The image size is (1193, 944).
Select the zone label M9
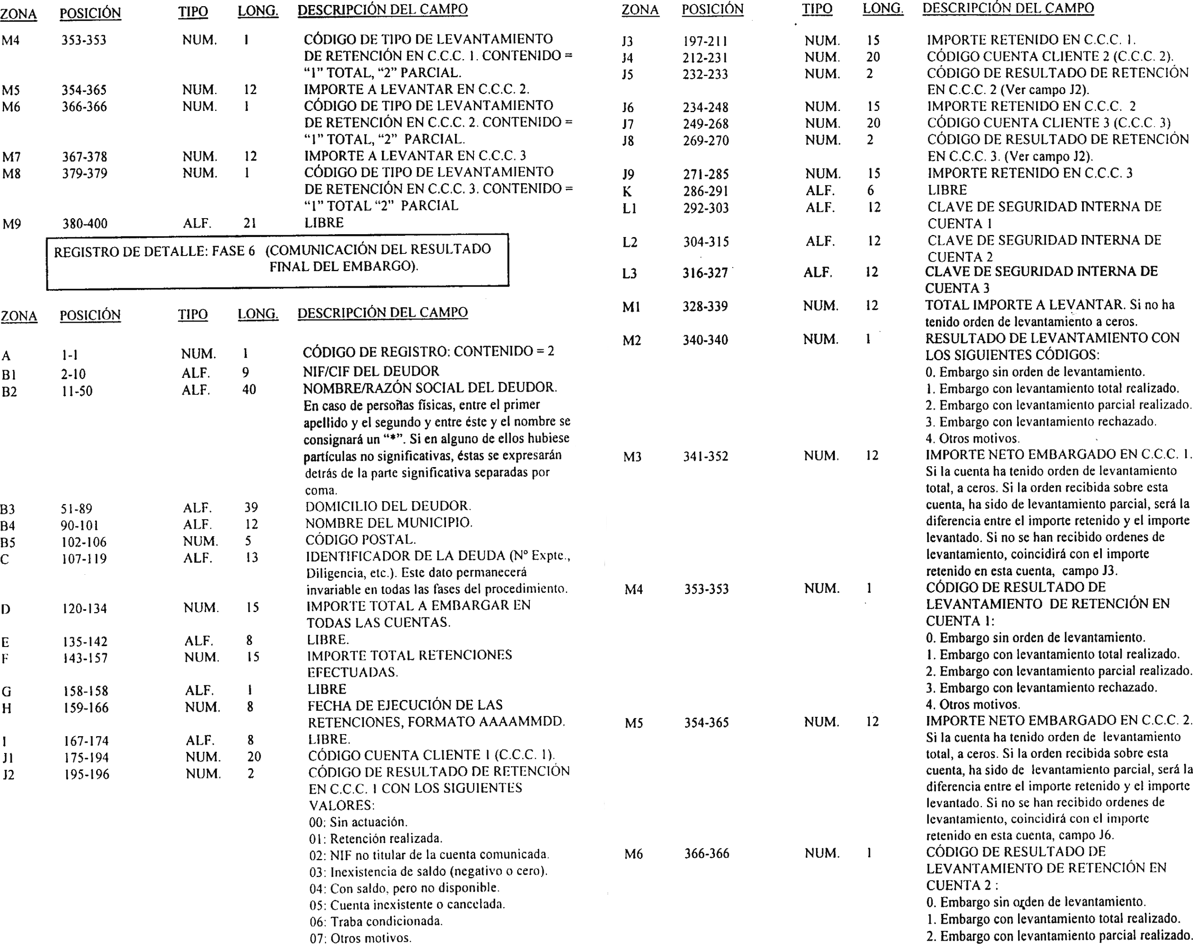(11, 224)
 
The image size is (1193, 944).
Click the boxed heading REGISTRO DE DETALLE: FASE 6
(272, 258)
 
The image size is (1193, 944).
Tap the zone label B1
(9, 375)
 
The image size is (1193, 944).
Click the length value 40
(249, 390)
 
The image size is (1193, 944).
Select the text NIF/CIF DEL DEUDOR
(371, 371)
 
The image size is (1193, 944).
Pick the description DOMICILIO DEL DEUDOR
(388, 506)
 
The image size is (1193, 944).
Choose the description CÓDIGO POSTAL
(361, 539)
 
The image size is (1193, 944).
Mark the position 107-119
(84, 559)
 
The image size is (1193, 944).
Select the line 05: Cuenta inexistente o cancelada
(407, 905)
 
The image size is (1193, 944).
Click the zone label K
(627, 192)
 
